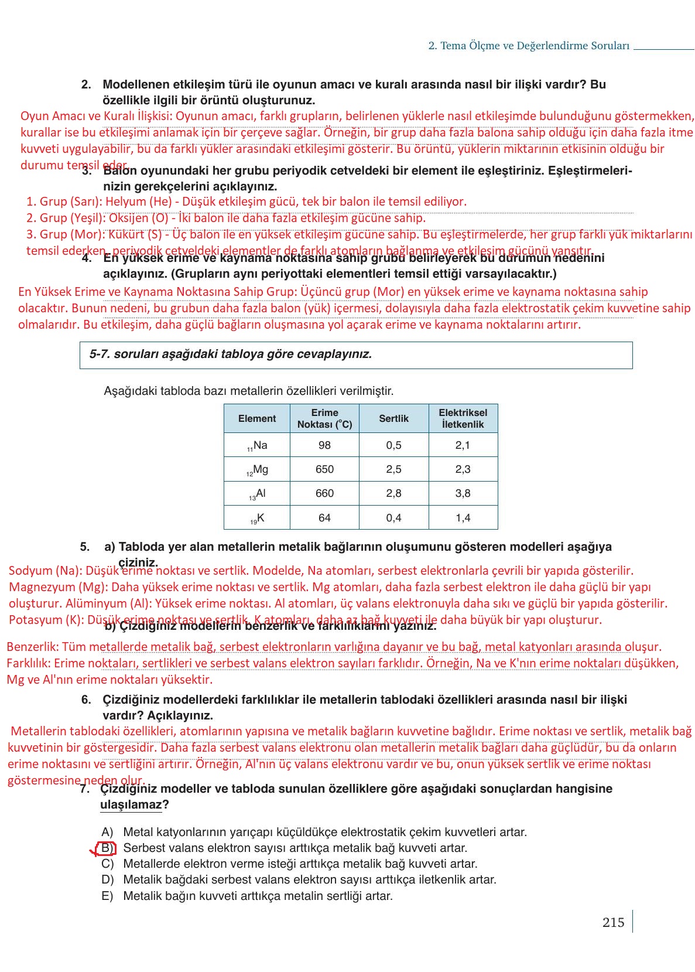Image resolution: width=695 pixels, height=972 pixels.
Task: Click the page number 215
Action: pos(613,922)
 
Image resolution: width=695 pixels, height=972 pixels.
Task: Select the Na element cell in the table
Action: pos(257,445)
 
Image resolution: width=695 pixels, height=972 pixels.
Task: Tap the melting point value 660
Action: pos(324,493)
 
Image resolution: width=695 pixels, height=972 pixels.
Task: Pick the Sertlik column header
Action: pos(393,418)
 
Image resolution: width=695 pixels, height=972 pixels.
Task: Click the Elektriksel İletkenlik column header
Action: pos(463,418)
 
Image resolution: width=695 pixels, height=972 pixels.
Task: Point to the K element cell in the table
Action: pos(257,518)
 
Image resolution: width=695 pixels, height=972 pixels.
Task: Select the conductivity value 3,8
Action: pos(463,493)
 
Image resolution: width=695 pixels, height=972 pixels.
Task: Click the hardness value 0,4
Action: pos(393,518)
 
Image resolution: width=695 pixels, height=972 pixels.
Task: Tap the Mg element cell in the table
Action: pos(257,469)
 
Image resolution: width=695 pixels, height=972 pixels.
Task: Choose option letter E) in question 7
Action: pos(107,896)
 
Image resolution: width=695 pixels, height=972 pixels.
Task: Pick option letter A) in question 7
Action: pos(107,832)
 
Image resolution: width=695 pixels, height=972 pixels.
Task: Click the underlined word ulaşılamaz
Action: pos(131,804)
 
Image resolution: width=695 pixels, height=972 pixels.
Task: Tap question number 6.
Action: pos(86,700)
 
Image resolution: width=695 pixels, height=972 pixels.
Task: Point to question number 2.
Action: pos(86,84)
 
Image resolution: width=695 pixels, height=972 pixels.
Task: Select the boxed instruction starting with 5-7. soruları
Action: pos(231,354)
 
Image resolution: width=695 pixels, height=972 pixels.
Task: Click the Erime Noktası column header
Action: pos(324,418)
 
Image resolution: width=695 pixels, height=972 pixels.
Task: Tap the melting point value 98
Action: pos(324,445)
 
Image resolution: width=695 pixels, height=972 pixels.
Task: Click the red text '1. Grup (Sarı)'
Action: pos(64,202)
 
